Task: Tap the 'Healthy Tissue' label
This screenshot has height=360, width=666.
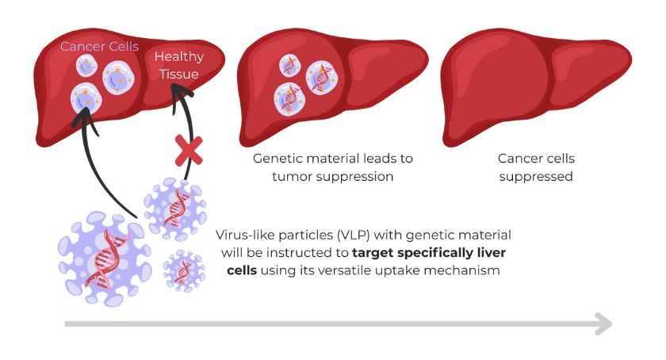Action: pos(178,65)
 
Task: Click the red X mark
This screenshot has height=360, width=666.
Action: pos(186,150)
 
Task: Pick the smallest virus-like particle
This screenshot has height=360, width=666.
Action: pos(185,272)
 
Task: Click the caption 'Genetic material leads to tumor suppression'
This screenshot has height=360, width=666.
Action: pos(332,167)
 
